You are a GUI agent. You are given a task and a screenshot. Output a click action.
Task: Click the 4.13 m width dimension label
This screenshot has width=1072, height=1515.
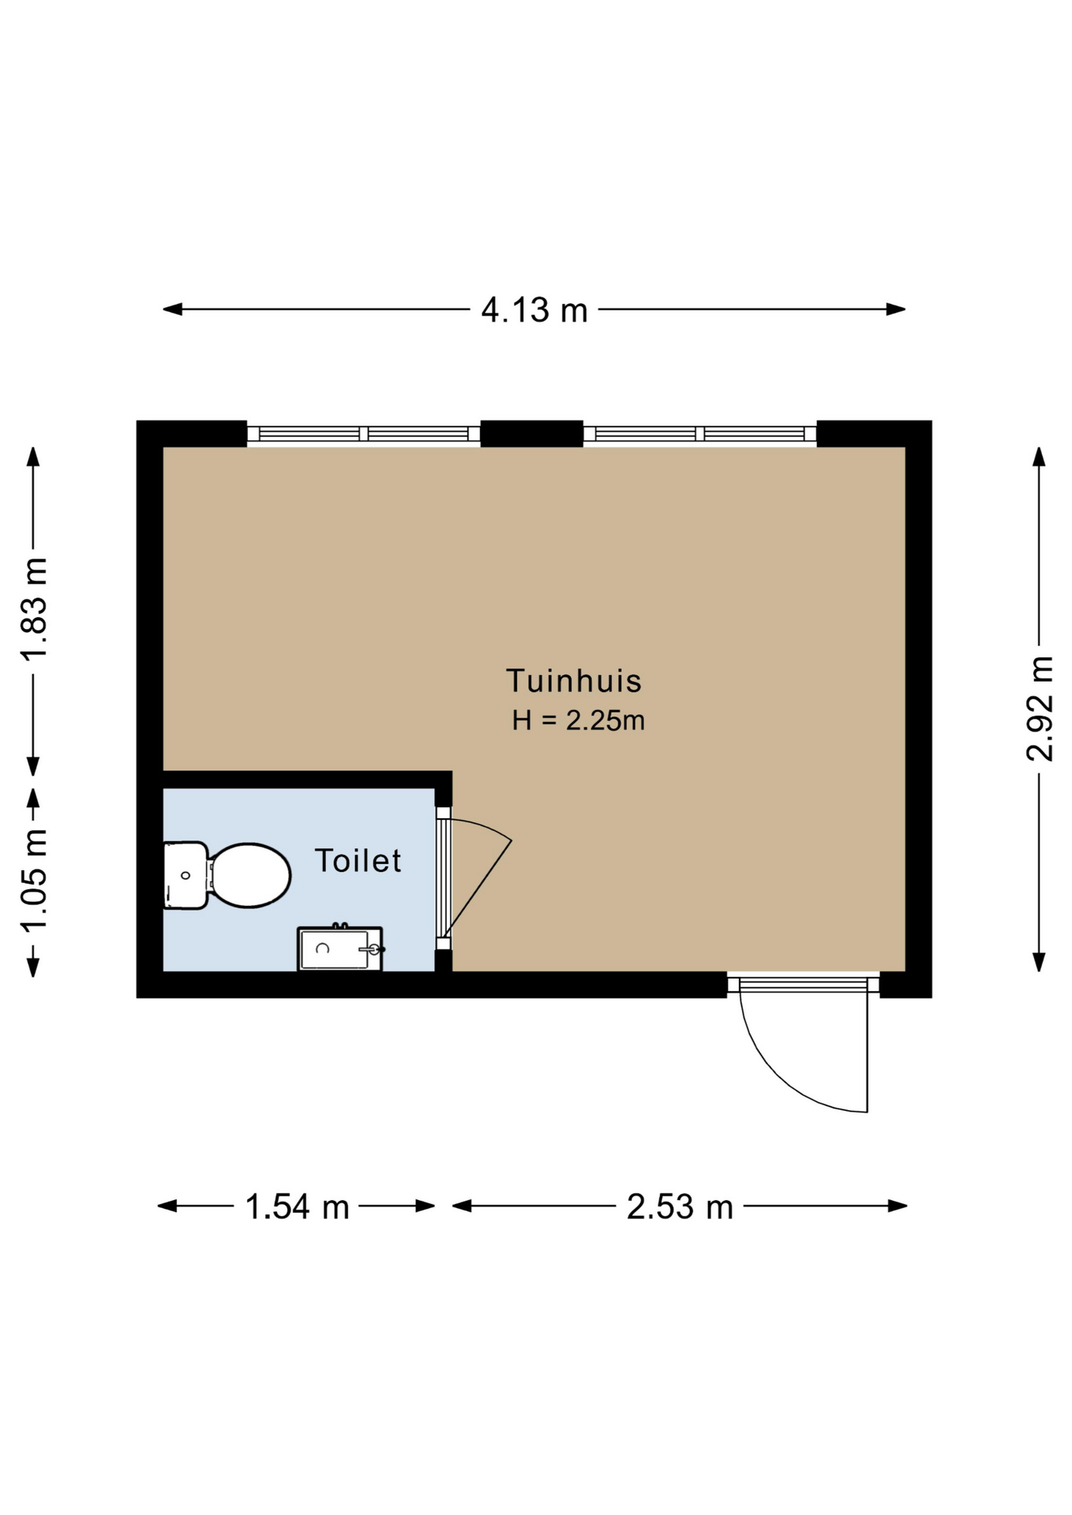click(x=534, y=310)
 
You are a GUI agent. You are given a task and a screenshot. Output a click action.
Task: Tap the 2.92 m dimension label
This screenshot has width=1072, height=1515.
click(x=1040, y=708)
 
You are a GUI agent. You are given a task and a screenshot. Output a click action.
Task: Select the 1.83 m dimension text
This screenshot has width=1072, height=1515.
click(x=34, y=608)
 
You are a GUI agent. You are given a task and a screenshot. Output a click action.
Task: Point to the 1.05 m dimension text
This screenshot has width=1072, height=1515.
click(x=34, y=880)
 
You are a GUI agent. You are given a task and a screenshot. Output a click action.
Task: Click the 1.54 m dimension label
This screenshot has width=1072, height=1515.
click(x=297, y=1206)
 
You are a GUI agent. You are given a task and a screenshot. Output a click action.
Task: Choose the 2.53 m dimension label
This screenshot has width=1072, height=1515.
click(x=680, y=1206)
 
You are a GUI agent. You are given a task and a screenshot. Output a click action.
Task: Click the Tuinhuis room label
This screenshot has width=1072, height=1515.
click(x=574, y=680)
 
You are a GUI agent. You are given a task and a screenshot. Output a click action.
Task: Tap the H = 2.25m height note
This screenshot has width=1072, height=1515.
click(x=579, y=720)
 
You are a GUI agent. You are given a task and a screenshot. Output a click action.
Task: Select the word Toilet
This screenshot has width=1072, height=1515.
click(x=358, y=860)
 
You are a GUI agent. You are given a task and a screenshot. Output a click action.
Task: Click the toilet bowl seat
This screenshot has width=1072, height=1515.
click(x=250, y=875)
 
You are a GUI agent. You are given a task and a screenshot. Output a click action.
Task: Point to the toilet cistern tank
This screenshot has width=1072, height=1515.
click(x=186, y=875)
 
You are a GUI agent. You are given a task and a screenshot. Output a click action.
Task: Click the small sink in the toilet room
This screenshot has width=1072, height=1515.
click(x=339, y=948)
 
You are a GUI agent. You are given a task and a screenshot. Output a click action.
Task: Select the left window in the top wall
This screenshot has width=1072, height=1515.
click(x=364, y=433)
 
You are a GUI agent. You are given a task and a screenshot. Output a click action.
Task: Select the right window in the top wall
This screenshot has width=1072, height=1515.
click(x=699, y=433)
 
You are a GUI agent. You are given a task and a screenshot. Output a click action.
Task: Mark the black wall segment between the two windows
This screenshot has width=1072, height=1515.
click(x=532, y=433)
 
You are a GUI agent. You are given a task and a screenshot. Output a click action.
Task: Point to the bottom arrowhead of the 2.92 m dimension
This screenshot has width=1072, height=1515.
click(x=1040, y=963)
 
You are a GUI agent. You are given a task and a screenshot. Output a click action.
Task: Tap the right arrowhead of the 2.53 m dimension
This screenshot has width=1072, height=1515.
click(x=898, y=1206)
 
